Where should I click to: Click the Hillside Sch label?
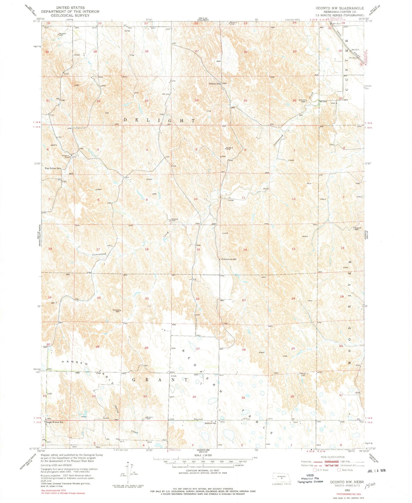tap(214, 84)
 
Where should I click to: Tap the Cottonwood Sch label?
tap(229, 259)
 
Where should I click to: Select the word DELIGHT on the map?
tap(159, 120)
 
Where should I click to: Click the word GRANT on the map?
tap(161, 380)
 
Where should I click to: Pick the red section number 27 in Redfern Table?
tap(198, 349)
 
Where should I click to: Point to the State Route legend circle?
tap(339, 470)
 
